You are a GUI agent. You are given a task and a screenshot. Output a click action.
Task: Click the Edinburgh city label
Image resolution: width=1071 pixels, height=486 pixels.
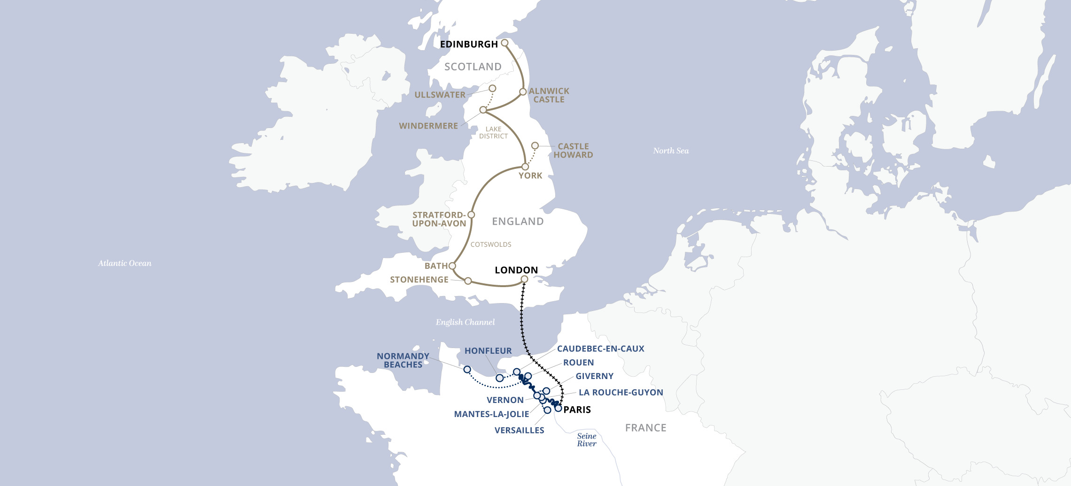(468, 44)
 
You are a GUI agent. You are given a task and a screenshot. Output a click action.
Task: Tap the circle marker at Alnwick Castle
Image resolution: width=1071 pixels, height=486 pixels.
(523, 92)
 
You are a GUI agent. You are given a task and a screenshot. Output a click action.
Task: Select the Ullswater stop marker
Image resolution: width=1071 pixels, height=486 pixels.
(492, 88)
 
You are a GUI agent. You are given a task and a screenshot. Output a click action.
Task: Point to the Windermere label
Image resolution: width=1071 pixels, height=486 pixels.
(428, 126)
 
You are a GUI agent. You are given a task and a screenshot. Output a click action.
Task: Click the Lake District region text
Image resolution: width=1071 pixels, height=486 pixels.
(493, 133)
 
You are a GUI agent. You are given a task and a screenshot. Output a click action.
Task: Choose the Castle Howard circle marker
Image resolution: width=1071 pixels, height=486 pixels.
(535, 146)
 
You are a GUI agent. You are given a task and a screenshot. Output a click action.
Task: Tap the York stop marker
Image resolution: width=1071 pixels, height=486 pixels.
(525, 167)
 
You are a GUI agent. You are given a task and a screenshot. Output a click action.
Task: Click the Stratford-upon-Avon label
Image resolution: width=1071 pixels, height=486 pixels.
(439, 219)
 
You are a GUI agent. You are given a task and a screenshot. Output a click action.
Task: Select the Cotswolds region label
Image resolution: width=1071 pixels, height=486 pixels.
(491, 244)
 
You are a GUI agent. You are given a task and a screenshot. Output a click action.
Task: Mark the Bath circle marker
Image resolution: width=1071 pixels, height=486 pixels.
(452, 266)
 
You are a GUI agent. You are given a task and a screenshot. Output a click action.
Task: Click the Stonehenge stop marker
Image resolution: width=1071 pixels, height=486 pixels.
(468, 281)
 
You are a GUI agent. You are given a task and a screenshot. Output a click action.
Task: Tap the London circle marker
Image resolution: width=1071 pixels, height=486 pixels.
(525, 280)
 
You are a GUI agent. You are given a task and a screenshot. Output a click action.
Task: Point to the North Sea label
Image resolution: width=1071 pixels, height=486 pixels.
(671, 151)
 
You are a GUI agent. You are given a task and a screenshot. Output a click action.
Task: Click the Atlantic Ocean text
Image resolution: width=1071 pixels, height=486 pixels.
(124, 263)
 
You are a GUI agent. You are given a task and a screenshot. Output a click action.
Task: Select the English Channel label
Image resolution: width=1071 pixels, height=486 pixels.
(465, 322)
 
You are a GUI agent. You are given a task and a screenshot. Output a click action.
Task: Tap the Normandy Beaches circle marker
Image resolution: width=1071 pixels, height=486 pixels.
(467, 370)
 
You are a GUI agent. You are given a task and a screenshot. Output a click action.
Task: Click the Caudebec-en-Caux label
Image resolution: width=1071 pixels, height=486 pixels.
(600, 349)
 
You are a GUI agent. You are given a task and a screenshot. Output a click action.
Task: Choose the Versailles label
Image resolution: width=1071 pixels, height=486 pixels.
(519, 430)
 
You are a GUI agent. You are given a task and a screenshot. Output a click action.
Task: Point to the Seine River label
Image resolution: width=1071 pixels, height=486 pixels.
(587, 440)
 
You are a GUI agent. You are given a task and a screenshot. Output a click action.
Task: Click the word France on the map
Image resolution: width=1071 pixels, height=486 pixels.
(645, 428)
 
